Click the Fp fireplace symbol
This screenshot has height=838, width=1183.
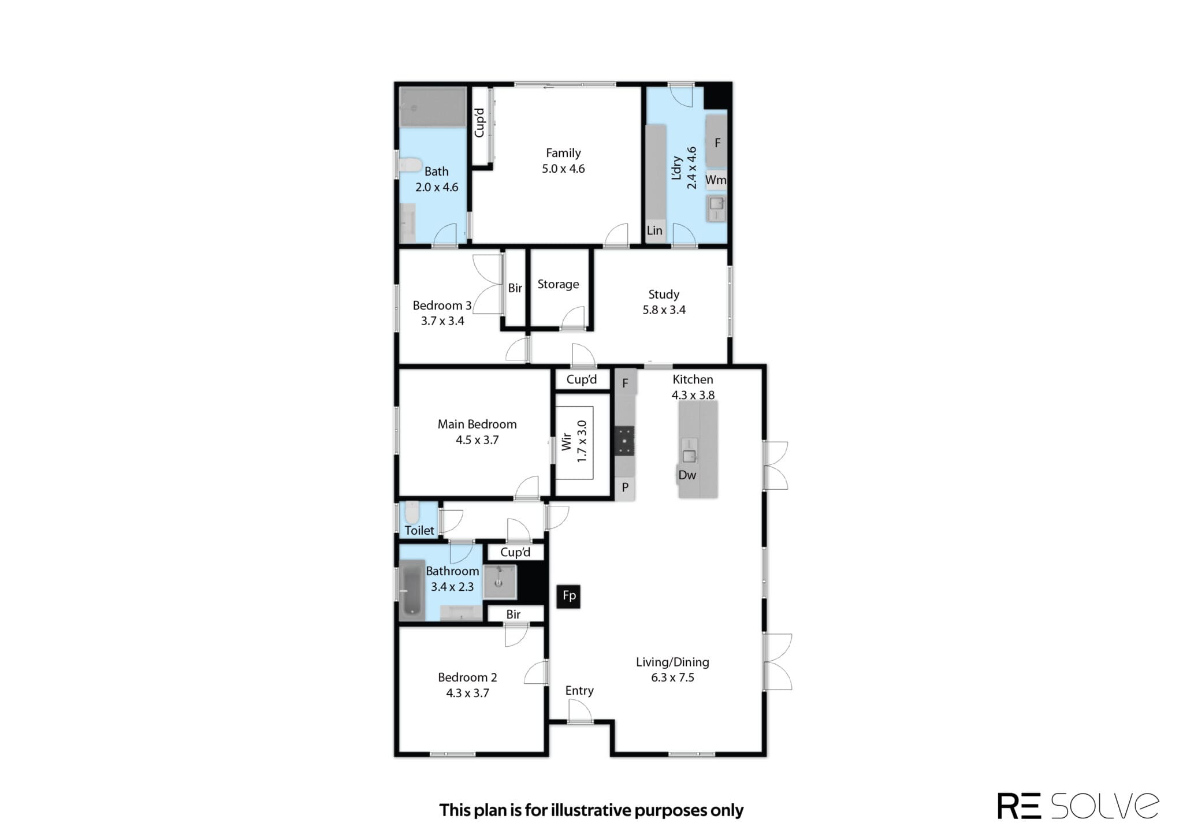click(x=568, y=596)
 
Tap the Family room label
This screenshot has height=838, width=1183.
click(x=563, y=153)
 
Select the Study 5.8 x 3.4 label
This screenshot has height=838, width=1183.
click(x=664, y=302)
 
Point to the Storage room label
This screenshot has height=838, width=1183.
click(x=558, y=284)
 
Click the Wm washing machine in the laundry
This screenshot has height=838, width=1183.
click(x=716, y=180)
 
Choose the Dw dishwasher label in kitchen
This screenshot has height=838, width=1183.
click(x=687, y=475)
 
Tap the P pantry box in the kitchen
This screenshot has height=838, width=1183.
click(x=625, y=488)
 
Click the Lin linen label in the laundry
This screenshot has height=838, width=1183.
click(x=654, y=230)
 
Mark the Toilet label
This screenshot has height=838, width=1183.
click(x=419, y=530)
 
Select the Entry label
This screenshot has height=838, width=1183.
click(x=579, y=691)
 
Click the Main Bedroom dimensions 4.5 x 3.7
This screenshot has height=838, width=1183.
click(x=477, y=440)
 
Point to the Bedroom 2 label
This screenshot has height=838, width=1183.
click(x=467, y=677)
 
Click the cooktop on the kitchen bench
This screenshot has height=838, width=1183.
click(x=624, y=440)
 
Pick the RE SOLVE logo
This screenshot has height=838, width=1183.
click(x=1078, y=806)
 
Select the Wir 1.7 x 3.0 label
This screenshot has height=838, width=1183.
click(x=574, y=442)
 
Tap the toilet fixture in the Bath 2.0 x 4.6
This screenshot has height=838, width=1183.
click(x=411, y=166)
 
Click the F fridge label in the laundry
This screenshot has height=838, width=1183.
click(x=717, y=143)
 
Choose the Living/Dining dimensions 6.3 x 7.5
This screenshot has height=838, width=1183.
click(x=672, y=677)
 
